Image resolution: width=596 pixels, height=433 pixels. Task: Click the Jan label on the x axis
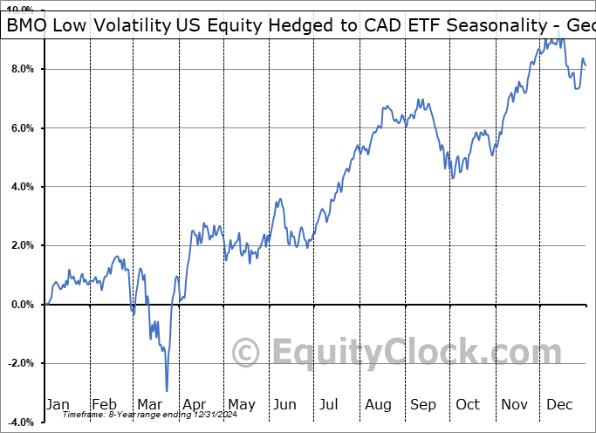(58, 404)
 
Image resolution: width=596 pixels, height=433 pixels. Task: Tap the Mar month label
(149, 404)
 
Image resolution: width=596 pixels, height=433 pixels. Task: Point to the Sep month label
(423, 404)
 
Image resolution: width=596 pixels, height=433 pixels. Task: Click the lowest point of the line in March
(166, 391)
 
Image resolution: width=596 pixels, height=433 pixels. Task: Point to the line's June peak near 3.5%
(279, 200)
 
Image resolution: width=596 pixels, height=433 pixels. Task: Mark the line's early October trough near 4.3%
(452, 179)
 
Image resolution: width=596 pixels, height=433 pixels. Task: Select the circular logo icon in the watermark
(246, 353)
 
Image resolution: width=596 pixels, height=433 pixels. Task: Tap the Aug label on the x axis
(379, 404)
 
